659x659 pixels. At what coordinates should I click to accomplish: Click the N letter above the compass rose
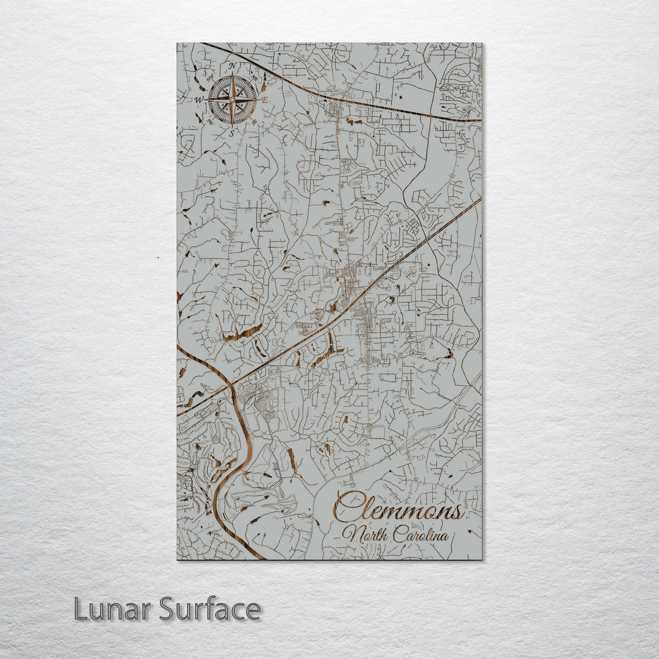click(232, 65)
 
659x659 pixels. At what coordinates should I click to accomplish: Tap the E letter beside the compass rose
click(265, 99)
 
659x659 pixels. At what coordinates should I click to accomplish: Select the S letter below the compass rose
click(232, 132)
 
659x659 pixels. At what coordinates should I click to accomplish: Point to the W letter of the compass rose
click(199, 99)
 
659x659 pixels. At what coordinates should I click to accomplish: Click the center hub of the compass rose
click(232, 99)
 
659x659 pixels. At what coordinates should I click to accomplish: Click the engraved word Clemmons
click(397, 508)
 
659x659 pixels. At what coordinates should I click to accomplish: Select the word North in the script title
click(365, 535)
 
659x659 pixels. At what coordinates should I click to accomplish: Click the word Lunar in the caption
click(113, 609)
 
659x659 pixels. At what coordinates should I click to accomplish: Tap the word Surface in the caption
click(210, 609)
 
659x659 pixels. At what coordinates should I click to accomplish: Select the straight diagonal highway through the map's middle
click(366, 293)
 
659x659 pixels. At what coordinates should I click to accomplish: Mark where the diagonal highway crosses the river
click(232, 384)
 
